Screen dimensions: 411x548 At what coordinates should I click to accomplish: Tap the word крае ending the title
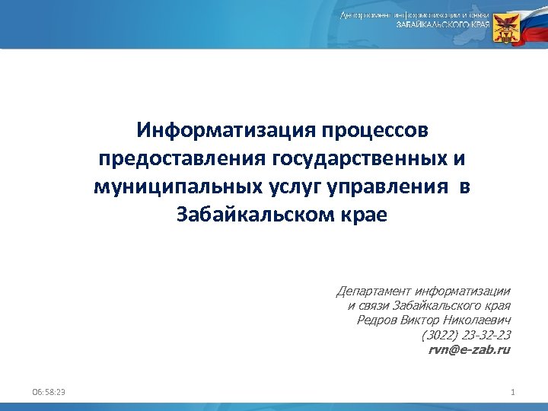coord(362,215)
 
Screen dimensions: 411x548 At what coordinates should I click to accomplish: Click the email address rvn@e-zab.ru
coord(469,349)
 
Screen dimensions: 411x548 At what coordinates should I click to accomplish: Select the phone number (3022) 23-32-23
coord(465,335)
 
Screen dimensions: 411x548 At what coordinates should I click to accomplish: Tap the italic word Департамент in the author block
coord(372,291)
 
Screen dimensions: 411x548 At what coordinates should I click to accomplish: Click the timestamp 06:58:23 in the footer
coord(49,391)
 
